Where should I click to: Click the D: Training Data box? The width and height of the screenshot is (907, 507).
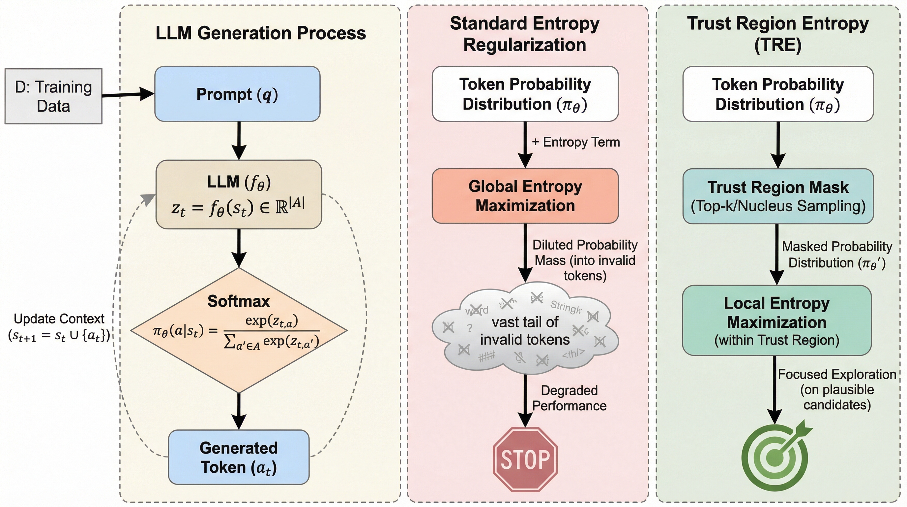tap(53, 96)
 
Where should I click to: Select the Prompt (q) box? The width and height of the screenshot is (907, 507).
tap(237, 94)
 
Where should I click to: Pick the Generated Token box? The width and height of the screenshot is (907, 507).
tap(239, 457)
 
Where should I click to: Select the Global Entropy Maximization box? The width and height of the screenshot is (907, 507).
tap(525, 196)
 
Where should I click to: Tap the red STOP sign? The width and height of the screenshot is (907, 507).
tap(525, 459)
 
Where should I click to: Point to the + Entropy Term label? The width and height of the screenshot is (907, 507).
tap(576, 142)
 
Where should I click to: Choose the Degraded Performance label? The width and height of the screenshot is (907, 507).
tap(569, 398)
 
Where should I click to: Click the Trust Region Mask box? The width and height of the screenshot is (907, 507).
tap(778, 196)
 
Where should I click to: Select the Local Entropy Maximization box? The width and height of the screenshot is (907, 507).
tap(777, 321)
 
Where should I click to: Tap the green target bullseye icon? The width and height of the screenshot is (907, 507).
tap(775, 457)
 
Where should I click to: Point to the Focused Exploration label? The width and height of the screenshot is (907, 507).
tap(837, 389)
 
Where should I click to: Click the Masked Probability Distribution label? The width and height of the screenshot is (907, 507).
tap(837, 254)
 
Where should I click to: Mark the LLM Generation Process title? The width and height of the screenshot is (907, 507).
tap(261, 33)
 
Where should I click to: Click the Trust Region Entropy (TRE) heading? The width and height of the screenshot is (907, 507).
tap(778, 34)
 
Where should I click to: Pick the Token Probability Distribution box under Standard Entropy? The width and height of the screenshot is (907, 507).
tap(525, 94)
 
